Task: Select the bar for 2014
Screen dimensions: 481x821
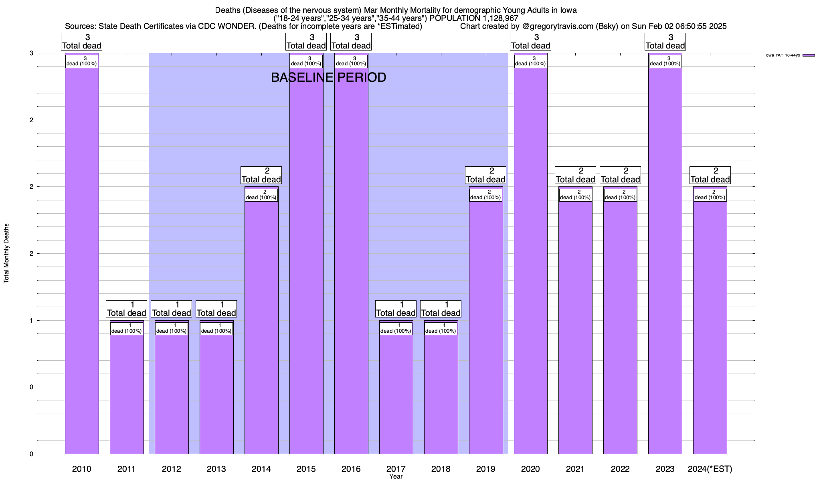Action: (261, 321)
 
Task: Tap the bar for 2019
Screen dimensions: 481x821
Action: (486, 321)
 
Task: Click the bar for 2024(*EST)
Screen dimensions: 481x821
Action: (710, 321)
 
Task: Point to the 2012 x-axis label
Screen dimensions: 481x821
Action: (172, 469)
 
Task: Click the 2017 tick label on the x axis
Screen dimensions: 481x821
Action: (396, 469)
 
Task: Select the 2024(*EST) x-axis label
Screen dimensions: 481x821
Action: (710, 469)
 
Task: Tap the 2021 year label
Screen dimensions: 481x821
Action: (575, 469)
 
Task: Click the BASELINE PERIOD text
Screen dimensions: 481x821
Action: (329, 77)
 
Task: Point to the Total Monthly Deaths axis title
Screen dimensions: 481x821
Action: (6, 253)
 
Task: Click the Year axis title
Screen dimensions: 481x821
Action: (396, 477)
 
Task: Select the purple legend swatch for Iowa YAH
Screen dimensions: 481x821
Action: (809, 55)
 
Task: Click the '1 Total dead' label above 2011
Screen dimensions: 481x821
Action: (126, 309)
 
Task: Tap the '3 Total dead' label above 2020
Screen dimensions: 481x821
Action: (530, 42)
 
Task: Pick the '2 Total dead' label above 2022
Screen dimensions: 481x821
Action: (620, 175)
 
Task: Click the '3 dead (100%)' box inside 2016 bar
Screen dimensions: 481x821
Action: (351, 61)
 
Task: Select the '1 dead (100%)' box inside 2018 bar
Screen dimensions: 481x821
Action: (441, 328)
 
